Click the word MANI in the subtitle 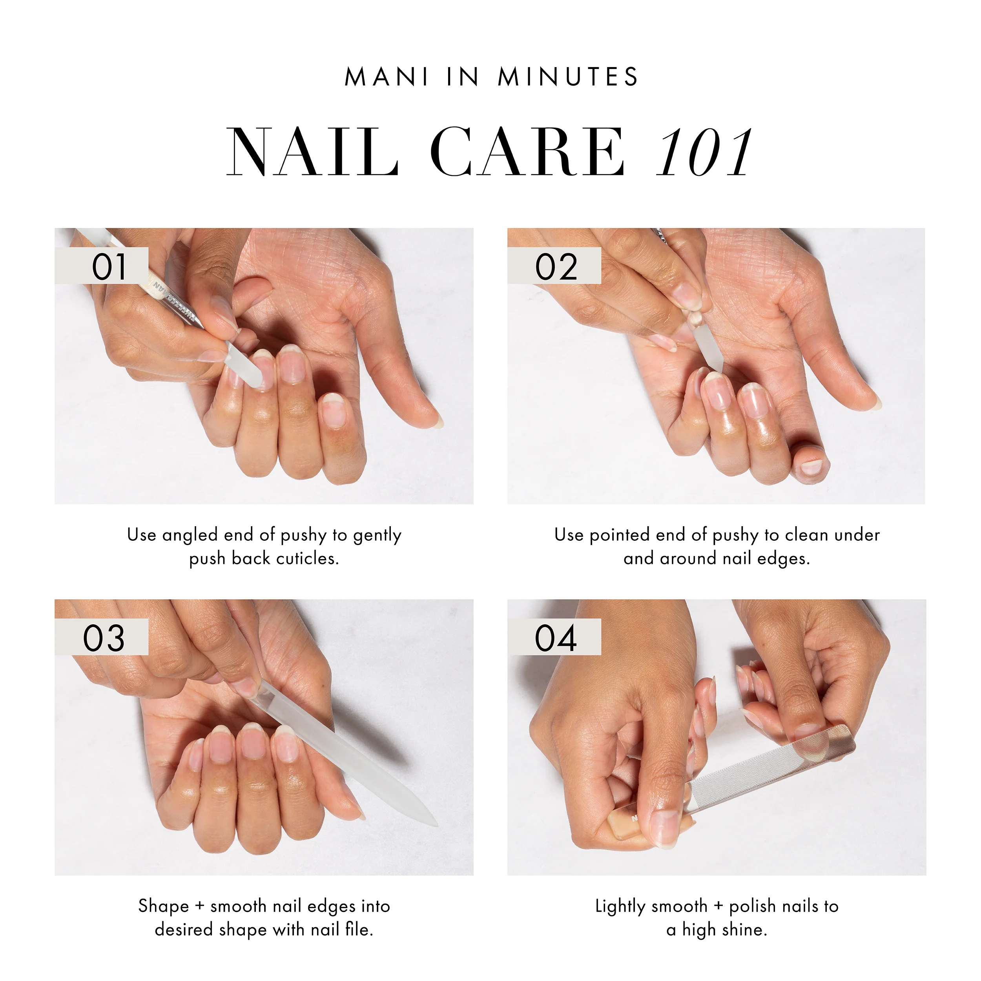click(x=387, y=77)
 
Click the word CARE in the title click(x=528, y=152)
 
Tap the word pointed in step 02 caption click(x=620, y=535)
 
